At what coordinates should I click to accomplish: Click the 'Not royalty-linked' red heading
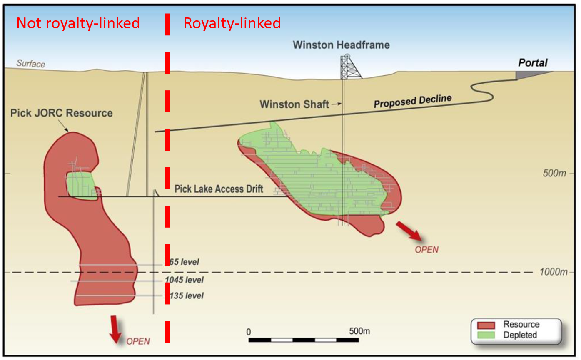[78, 23]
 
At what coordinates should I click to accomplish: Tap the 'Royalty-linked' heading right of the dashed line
[232, 23]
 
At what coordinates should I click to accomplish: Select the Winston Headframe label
[341, 45]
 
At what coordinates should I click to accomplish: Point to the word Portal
[533, 63]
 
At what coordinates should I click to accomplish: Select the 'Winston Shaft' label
[294, 104]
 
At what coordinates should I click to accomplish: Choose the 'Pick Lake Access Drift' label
[219, 189]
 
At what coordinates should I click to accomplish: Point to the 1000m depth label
[553, 272]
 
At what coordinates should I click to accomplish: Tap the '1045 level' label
[184, 279]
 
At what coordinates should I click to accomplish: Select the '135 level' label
[186, 296]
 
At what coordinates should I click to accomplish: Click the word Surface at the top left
[30, 63]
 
